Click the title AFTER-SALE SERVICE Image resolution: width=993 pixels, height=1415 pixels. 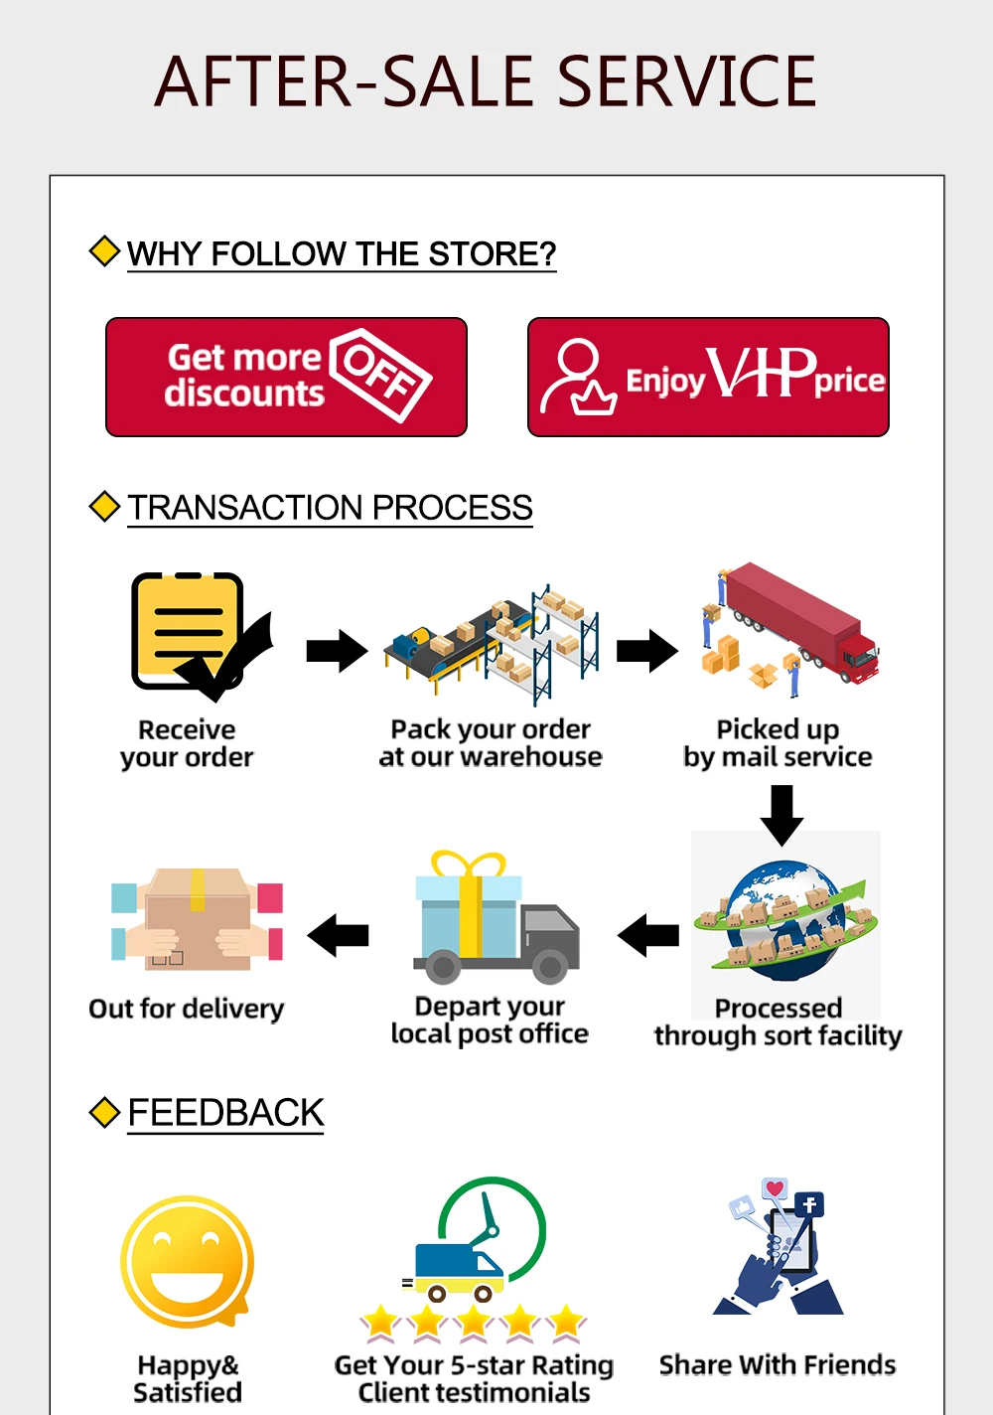point(486,81)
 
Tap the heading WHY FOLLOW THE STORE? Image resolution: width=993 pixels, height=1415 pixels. point(341,253)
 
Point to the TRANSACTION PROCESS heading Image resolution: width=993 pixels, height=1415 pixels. point(330,508)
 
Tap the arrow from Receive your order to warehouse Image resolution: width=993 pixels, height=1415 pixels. point(337,651)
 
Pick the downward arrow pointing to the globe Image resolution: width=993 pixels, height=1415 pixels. point(781,814)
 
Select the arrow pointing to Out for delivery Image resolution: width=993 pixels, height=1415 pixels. point(339,935)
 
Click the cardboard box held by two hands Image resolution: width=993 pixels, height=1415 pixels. point(198,920)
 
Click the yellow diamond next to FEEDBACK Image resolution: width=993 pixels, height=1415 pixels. point(104,1112)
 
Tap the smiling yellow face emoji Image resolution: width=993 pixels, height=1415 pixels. point(188,1261)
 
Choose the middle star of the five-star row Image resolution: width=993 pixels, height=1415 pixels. point(474,1323)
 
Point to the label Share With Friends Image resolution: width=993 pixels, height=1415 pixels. point(778,1365)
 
